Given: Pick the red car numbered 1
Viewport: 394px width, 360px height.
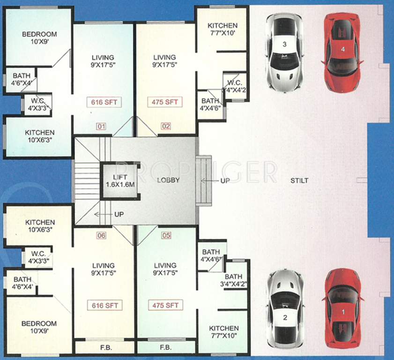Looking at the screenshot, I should [343, 308].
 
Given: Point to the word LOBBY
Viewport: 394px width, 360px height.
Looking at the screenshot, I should [168, 180].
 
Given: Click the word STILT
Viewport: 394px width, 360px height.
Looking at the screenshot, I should [298, 180].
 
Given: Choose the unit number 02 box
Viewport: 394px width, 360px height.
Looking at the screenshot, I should [165, 126].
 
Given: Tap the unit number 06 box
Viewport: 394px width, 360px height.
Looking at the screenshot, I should [102, 236].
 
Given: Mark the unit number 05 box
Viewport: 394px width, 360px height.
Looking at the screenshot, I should [166, 236].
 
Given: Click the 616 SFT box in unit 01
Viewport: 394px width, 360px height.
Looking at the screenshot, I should [104, 101].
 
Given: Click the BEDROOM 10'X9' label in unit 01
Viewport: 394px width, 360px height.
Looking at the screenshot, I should [40, 37].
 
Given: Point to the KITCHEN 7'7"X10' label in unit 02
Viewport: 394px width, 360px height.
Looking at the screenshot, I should [223, 29].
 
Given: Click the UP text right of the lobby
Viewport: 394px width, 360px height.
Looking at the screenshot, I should [225, 181].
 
